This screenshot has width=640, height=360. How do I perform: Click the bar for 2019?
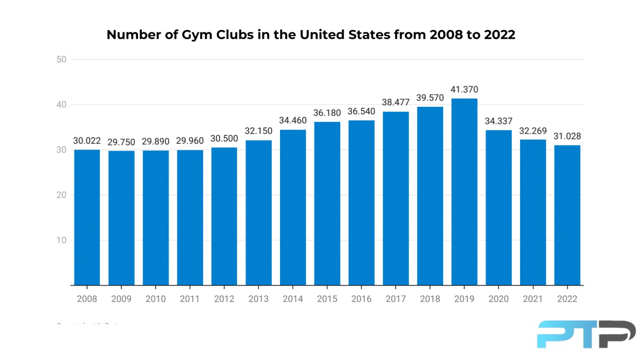(x=464, y=192)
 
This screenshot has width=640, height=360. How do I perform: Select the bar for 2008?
(x=87, y=217)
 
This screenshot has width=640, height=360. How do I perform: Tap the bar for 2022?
(x=567, y=215)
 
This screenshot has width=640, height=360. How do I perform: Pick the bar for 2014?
(x=293, y=207)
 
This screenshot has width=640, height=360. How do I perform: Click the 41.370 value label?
(x=464, y=90)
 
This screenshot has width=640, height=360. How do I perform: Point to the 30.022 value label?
(x=87, y=141)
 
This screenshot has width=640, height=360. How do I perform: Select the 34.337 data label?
(x=498, y=121)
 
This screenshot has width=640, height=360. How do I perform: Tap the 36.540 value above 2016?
(x=361, y=112)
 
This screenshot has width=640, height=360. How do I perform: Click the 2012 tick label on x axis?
(x=224, y=299)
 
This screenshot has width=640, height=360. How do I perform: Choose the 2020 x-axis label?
(x=498, y=299)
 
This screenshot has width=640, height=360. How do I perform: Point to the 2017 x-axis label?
(x=395, y=299)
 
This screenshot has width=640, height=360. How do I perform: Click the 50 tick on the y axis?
(x=61, y=60)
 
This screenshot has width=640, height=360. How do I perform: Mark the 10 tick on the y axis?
(x=61, y=240)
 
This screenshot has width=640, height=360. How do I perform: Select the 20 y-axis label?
(x=61, y=195)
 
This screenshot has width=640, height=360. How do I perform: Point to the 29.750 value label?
(x=121, y=142)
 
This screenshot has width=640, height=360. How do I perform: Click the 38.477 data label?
(x=395, y=102)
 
